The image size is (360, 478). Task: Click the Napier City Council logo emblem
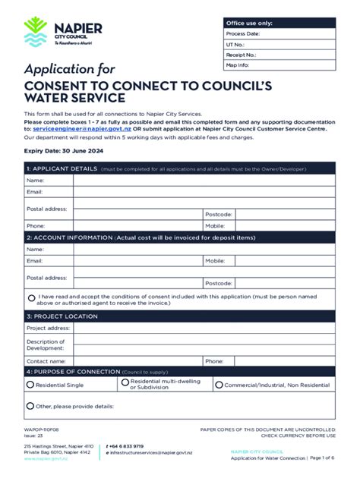click(x=36, y=32)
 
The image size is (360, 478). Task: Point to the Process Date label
click(x=243, y=34)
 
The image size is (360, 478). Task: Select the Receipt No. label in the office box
click(x=241, y=55)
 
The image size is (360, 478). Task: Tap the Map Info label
click(x=238, y=65)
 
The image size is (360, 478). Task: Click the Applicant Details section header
click(x=62, y=168)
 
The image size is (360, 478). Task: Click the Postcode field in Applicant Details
click(x=284, y=214)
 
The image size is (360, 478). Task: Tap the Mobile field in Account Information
click(x=284, y=260)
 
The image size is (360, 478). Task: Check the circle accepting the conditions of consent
click(x=32, y=298)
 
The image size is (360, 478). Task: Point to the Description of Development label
click(x=46, y=345)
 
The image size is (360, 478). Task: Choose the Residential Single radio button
click(x=30, y=385)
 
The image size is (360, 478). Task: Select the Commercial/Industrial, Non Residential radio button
click(x=218, y=385)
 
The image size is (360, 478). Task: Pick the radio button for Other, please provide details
click(x=30, y=407)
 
